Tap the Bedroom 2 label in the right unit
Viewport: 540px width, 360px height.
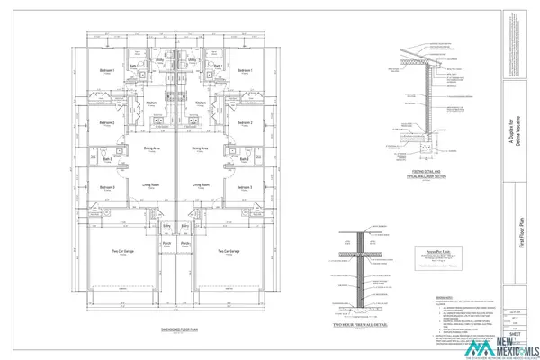[x=243, y=122]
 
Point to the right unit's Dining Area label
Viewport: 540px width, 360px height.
[x=200, y=148]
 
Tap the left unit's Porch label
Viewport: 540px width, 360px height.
[x=166, y=244]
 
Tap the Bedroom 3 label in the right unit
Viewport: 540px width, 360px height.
[x=243, y=186]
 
